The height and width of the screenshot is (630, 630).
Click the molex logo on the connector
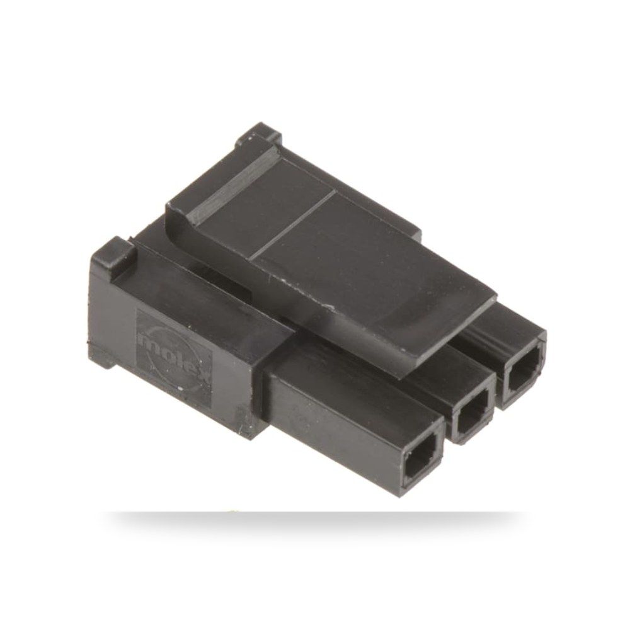[174, 356]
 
